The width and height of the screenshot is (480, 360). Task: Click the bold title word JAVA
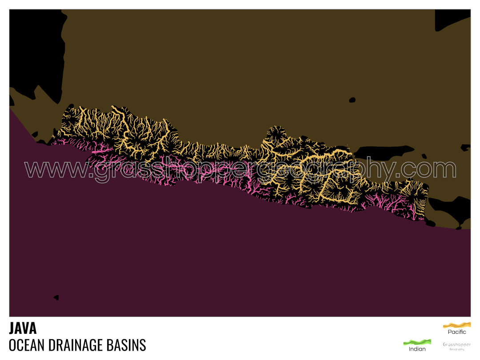(23, 328)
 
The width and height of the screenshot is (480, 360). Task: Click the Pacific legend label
(457, 332)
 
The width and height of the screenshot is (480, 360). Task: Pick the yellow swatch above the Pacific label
(457, 324)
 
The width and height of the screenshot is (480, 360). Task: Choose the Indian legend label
(417, 349)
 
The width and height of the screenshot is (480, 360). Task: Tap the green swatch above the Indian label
(417, 342)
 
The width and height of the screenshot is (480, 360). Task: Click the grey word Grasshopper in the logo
(456, 344)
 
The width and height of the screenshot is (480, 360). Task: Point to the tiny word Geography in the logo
(456, 349)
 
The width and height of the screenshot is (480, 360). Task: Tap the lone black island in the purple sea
(56, 297)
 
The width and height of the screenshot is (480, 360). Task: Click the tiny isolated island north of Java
(352, 100)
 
